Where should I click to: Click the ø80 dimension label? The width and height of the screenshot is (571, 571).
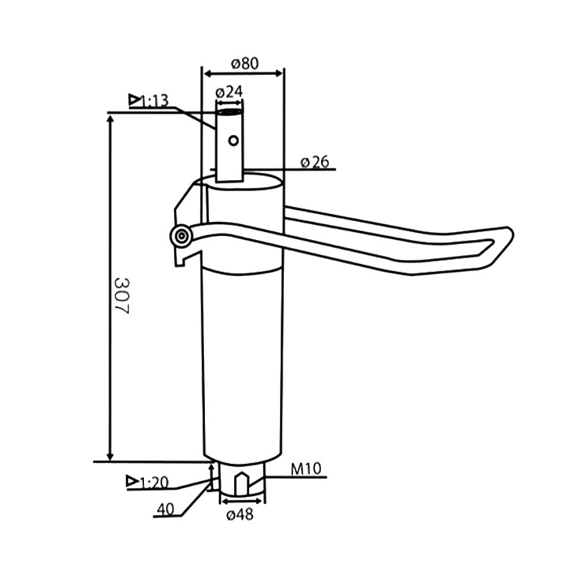click(x=244, y=63)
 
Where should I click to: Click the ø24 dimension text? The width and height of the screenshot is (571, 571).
click(x=229, y=92)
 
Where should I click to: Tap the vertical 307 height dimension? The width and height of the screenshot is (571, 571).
click(x=121, y=295)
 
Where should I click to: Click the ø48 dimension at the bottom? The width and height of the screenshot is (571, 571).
click(x=239, y=515)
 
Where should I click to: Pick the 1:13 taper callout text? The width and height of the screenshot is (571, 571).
click(x=154, y=101)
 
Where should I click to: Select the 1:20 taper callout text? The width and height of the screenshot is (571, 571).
click(x=154, y=482)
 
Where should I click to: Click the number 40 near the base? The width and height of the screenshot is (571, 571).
click(x=165, y=510)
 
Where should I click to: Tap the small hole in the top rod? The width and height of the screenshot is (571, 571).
click(x=233, y=141)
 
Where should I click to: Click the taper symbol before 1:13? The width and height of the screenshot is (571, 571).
click(x=134, y=100)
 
